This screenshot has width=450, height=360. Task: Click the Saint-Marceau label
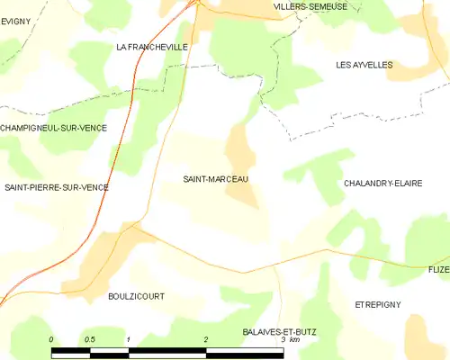[x=215, y=179]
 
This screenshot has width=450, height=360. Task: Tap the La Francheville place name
[x=152, y=46]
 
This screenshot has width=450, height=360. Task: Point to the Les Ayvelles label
[x=364, y=65]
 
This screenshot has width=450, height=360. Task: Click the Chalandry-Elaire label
[x=382, y=183]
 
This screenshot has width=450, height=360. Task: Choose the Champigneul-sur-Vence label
[x=53, y=128]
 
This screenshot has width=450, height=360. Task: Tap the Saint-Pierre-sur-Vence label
[x=56, y=187]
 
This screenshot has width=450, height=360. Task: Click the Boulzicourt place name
[x=136, y=295]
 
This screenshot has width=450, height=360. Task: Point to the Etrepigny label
[x=377, y=304]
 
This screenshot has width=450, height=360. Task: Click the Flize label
[x=438, y=269]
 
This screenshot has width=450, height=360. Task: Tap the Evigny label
[x=14, y=21]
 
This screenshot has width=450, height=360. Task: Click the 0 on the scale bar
[x=51, y=338]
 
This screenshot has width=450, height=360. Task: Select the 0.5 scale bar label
[x=90, y=338]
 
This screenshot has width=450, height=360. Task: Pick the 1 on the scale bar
[x=130, y=338]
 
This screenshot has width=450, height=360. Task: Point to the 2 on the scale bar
[x=206, y=338]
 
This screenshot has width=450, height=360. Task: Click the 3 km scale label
[x=289, y=340]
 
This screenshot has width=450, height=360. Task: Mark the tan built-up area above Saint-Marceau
[x=239, y=148]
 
